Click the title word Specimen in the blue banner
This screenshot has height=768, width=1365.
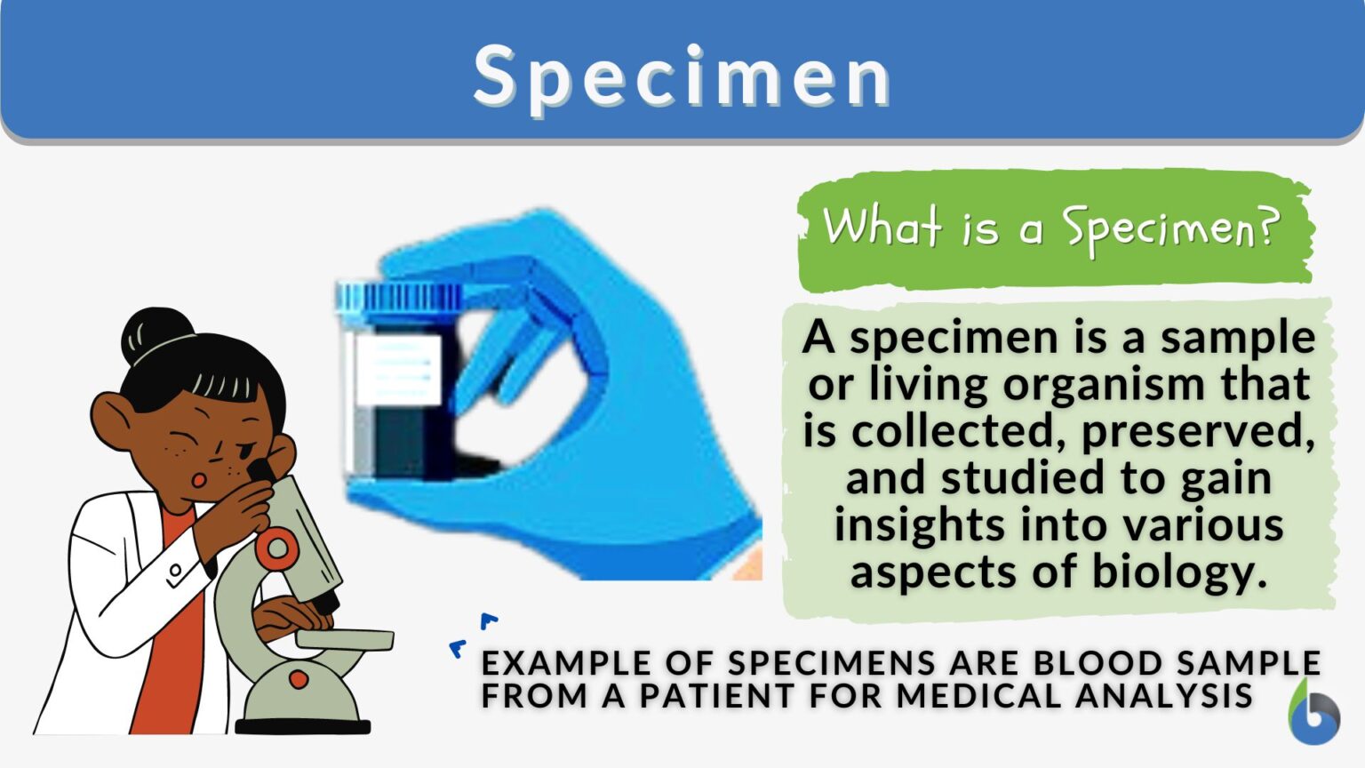point(682,76)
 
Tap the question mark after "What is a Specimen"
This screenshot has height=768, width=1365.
point(1268,227)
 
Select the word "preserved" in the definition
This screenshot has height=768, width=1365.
point(1198,432)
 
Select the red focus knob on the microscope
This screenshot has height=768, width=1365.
point(276,548)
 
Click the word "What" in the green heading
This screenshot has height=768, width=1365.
point(881,226)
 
